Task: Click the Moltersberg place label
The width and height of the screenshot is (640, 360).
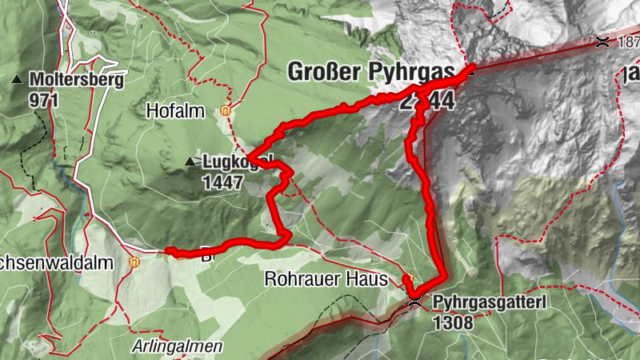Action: point(70,80)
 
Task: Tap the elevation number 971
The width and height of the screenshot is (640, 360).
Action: point(42,99)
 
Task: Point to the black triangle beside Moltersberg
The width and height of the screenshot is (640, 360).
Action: point(17,80)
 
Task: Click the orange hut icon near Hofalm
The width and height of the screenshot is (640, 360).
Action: point(226,111)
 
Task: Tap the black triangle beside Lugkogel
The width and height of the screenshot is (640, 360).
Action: point(190,162)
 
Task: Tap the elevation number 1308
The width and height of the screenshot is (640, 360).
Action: point(453,322)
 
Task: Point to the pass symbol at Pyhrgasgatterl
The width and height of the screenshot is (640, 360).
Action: point(414,301)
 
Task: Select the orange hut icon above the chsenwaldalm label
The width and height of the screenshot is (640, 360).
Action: point(134,261)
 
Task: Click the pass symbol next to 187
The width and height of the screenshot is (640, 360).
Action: point(602,42)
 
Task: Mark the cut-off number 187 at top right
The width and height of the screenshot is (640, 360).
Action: point(627,42)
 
